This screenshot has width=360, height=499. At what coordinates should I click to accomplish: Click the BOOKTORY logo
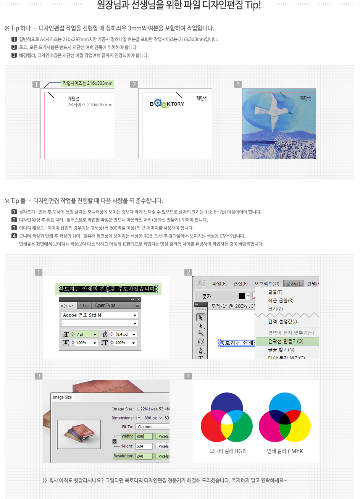click(x=167, y=104)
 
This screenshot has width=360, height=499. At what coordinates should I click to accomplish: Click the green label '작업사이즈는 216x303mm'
click(x=87, y=83)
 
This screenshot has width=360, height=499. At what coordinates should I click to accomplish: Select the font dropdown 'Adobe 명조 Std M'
click(x=99, y=315)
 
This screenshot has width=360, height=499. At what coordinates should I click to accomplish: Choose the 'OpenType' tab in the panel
click(x=105, y=305)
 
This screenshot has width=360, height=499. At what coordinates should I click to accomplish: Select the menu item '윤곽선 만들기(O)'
click(x=286, y=341)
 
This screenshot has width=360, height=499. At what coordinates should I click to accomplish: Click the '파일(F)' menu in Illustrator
click(x=219, y=284)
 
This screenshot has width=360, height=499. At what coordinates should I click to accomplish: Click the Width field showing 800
click(x=144, y=436)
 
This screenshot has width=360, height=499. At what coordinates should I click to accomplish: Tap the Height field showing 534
click(x=144, y=446)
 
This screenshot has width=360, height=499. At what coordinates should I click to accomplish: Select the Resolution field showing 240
click(x=144, y=456)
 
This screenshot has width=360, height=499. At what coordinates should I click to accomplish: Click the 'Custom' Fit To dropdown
click(x=152, y=427)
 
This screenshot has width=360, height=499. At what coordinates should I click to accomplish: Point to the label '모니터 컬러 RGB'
click(x=228, y=451)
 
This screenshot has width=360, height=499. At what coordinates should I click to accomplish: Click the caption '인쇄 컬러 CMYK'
click(x=285, y=451)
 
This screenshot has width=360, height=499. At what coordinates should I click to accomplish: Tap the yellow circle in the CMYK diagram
click(x=301, y=428)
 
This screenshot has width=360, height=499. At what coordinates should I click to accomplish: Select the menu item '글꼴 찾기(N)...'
click(x=283, y=350)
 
